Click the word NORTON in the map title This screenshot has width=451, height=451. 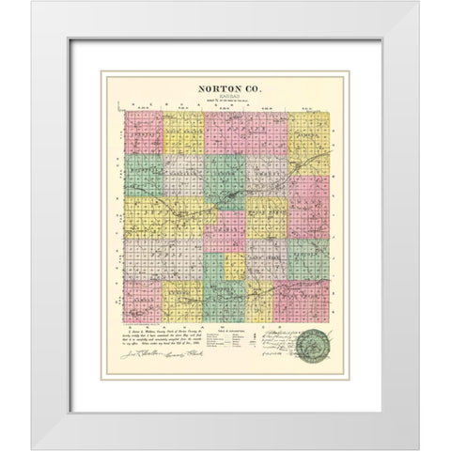click(214, 88)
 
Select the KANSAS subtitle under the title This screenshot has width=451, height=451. click(225, 97)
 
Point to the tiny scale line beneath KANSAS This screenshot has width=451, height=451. click(225, 101)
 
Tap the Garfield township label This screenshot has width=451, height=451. click(185, 173)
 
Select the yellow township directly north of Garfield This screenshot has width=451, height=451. click(185, 134)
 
